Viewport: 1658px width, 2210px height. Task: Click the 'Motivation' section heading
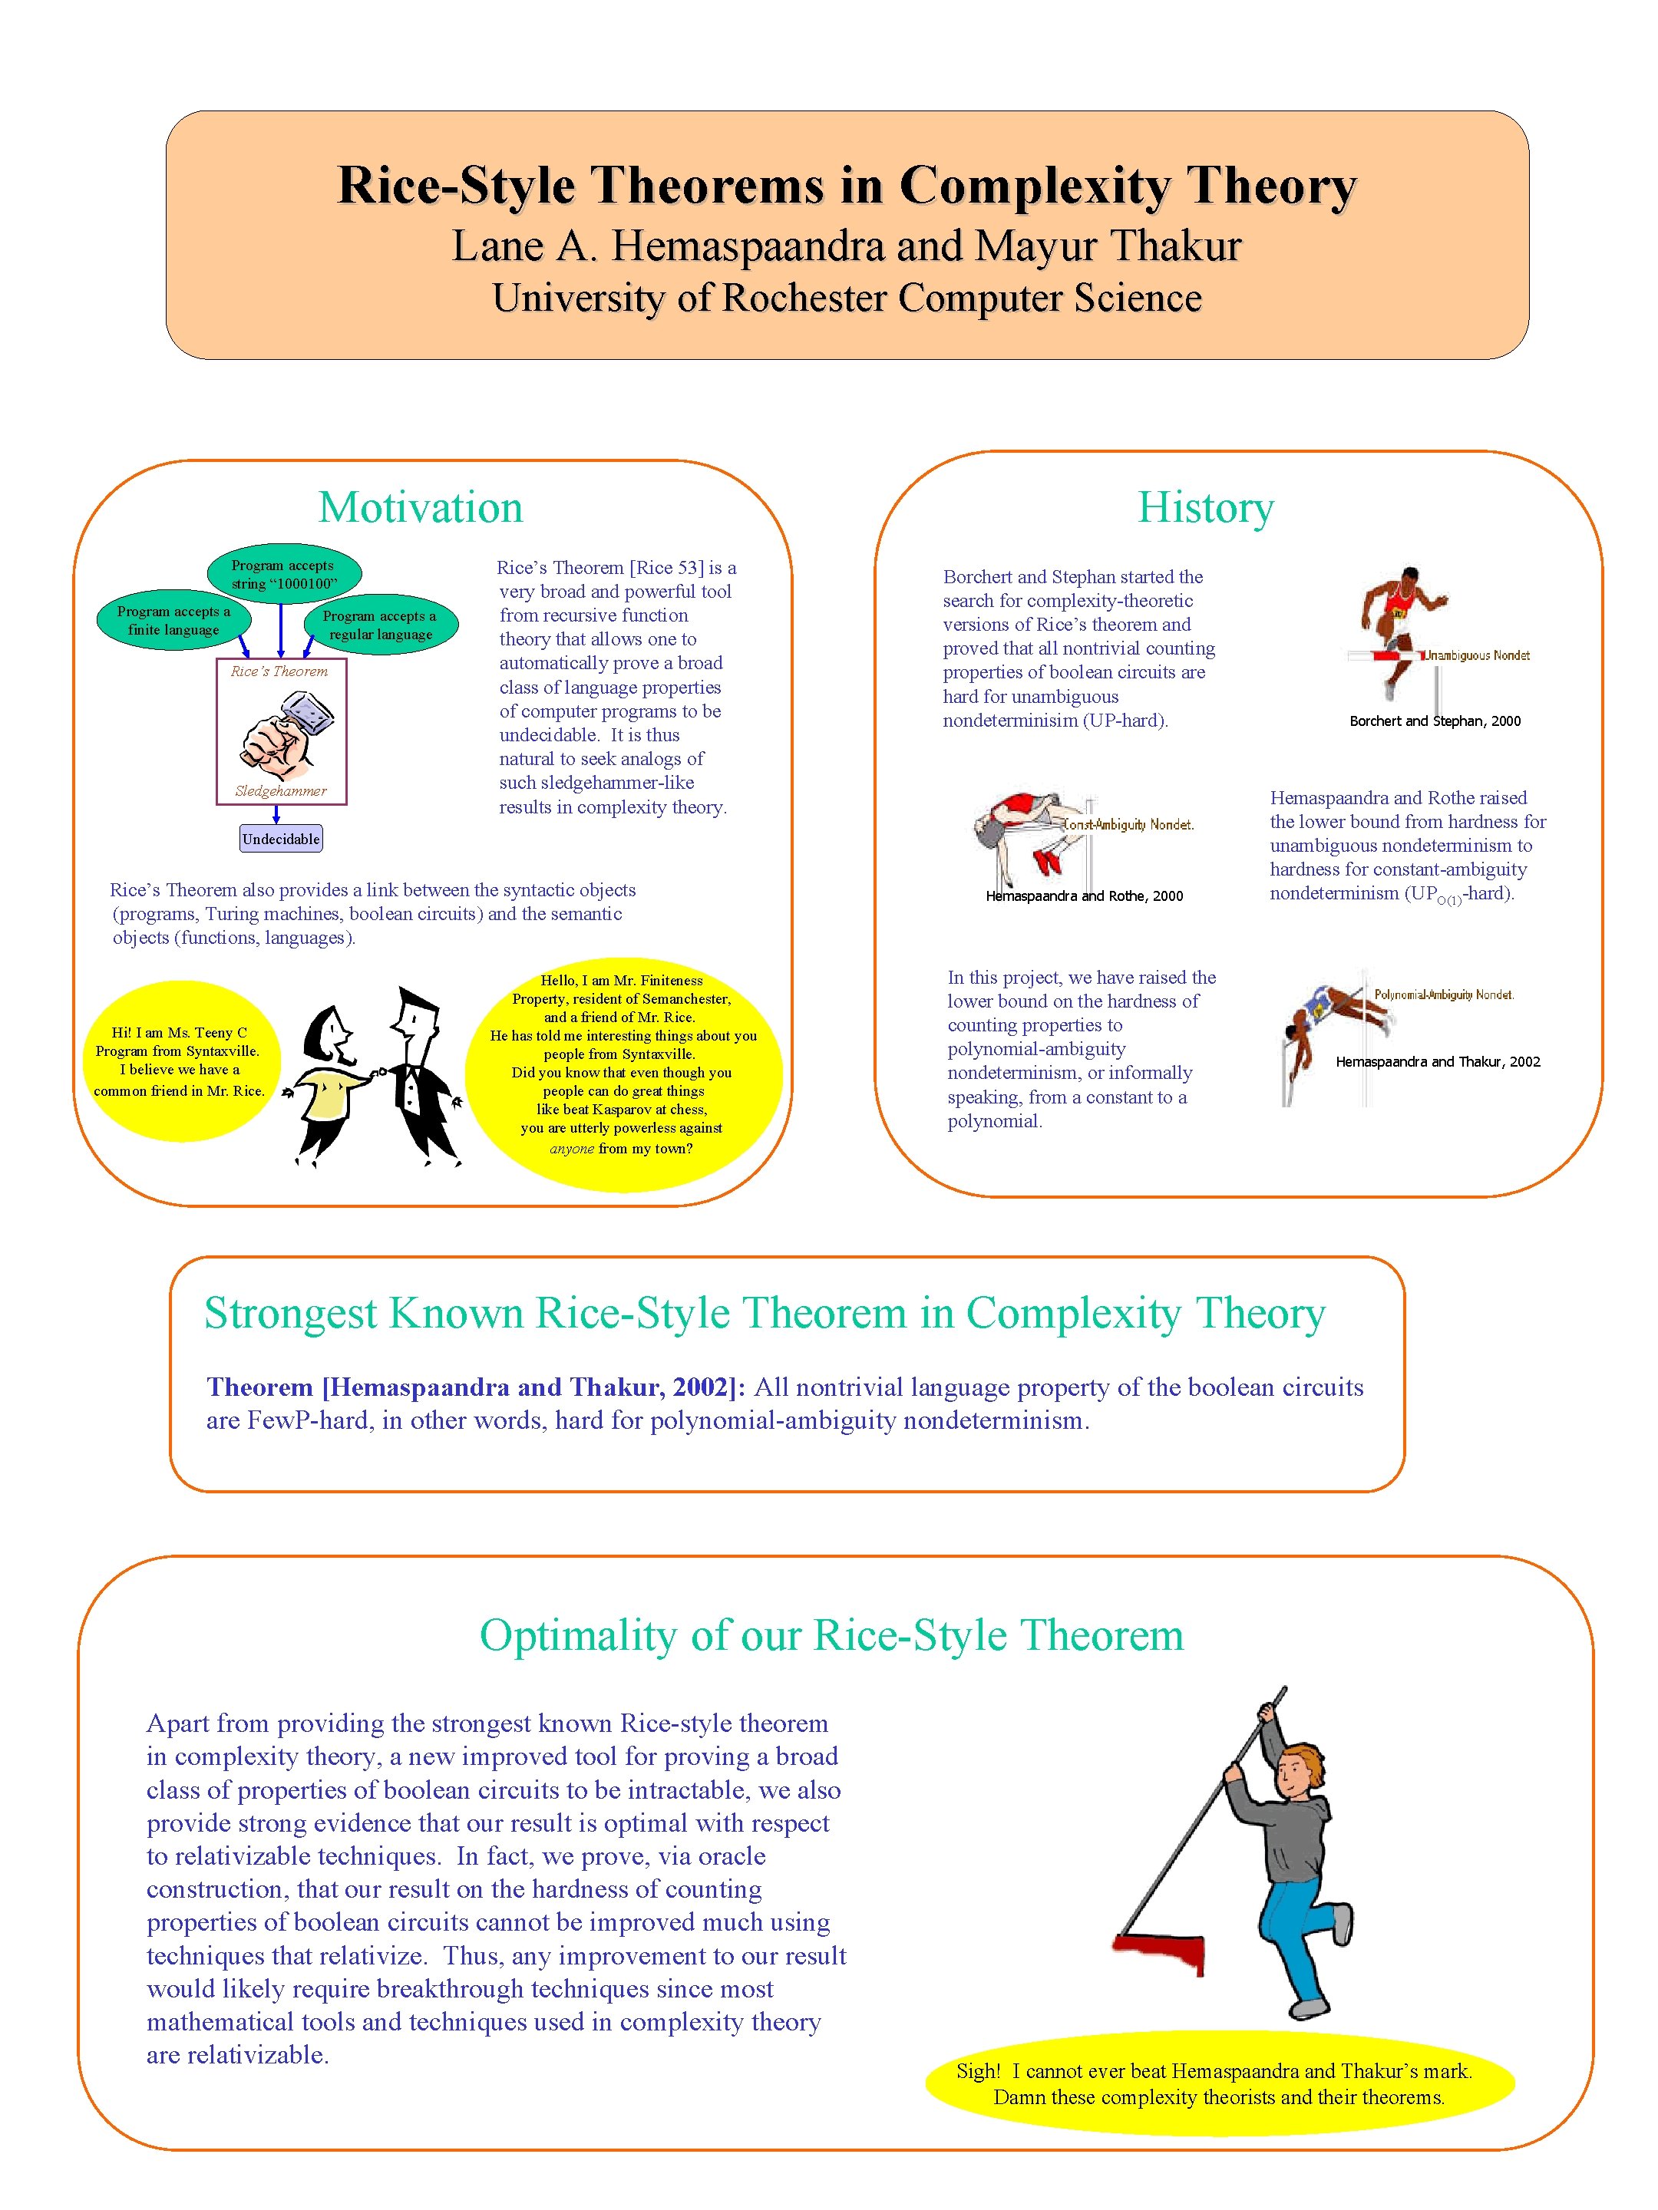pos(420,507)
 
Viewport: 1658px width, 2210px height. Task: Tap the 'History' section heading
pos(1205,507)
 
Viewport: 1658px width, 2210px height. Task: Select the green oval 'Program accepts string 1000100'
pos(284,573)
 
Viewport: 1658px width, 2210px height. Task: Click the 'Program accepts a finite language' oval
pos(173,621)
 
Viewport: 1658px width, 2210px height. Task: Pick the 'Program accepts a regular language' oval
pos(380,625)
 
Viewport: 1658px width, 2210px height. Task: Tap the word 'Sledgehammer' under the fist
pos(281,791)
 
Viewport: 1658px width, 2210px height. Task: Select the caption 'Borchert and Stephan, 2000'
pos(1434,721)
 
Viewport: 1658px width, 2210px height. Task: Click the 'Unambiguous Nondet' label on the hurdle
pos(1476,655)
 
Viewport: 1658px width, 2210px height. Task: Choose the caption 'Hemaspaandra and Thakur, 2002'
pos(1437,1062)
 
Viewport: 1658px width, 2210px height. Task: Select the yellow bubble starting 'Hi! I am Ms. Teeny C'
pos(180,1061)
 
